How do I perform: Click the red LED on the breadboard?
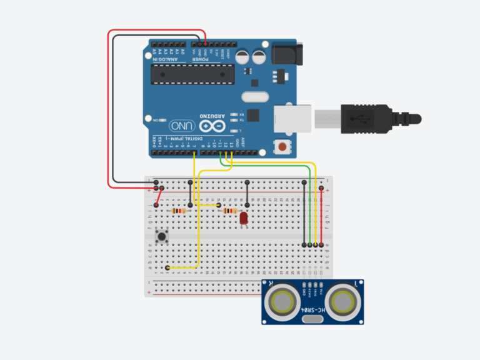pos(244,218)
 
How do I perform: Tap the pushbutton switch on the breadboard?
pos(162,237)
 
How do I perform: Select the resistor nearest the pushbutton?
pos(179,211)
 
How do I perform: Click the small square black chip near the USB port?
pos(253,115)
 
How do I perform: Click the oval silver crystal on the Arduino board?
pos(252,97)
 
